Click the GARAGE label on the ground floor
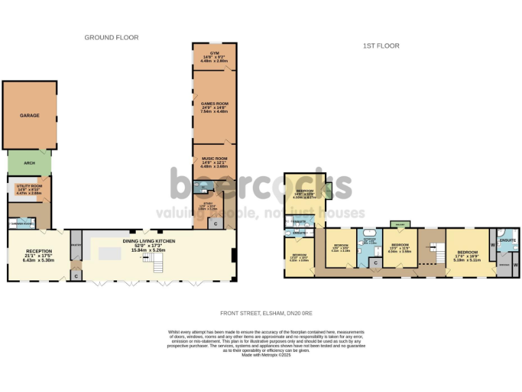29,116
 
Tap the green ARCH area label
29,163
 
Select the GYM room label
214,52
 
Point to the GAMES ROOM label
214,103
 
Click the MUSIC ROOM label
214,159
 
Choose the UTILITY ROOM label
29,186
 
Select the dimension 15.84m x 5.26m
149,250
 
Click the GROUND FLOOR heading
111,37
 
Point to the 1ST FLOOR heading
382,46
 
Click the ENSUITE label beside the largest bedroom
508,240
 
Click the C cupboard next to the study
216,223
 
